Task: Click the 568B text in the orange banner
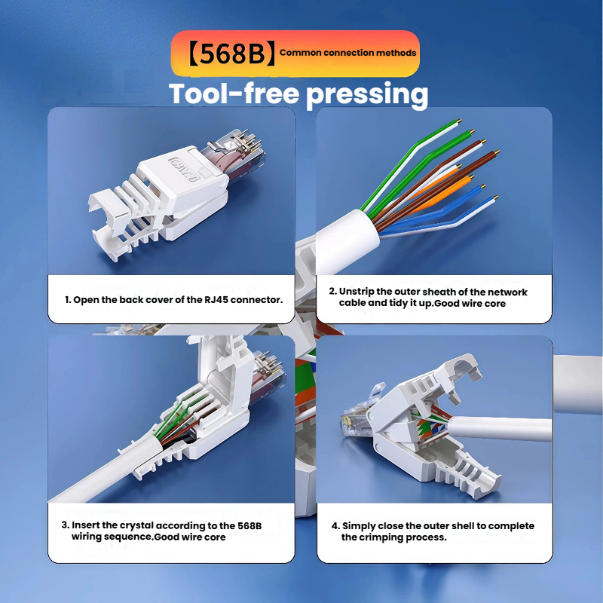[x=232, y=54]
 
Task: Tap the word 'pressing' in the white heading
[x=367, y=95]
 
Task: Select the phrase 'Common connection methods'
[x=347, y=53]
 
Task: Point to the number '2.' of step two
[x=333, y=292]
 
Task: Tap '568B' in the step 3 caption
[x=249, y=525]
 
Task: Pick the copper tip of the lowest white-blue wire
[x=496, y=197]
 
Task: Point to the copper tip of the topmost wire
[x=459, y=121]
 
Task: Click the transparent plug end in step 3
[x=268, y=375]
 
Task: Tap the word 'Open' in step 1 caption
[x=86, y=300]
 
